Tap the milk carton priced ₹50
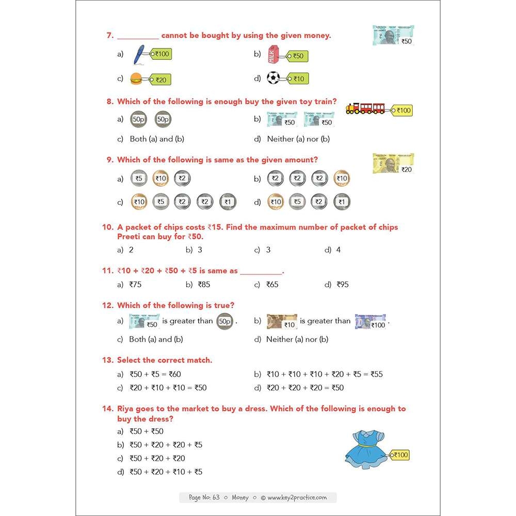pyautogui.click(x=273, y=55)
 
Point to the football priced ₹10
pyautogui.click(x=273, y=78)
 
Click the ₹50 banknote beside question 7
pyautogui.click(x=393, y=35)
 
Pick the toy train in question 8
pyautogui.click(x=366, y=107)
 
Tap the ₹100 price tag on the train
pyautogui.click(x=402, y=110)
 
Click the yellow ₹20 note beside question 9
pyautogui.click(x=393, y=163)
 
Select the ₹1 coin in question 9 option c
pyautogui.click(x=227, y=202)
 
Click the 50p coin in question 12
pyautogui.click(x=224, y=321)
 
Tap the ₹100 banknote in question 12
pyautogui.click(x=370, y=321)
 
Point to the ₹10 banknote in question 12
pyautogui.click(x=282, y=321)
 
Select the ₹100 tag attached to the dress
pyautogui.click(x=400, y=455)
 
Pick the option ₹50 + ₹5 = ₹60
pyautogui.click(x=155, y=374)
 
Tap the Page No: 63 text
pyautogui.click(x=204, y=497)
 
